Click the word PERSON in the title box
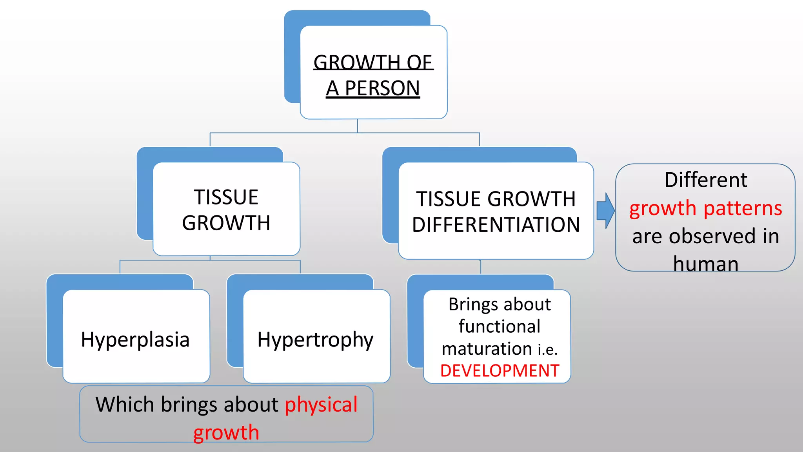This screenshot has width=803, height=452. coord(382,88)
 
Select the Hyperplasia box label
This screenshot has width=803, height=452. coord(135,340)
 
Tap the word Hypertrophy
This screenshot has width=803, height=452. coord(315,340)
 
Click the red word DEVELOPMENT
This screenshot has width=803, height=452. coord(500,371)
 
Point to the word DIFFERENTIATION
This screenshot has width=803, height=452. coord(496,225)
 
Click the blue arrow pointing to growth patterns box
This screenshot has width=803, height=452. coord(605,211)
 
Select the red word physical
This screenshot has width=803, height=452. coord(321,405)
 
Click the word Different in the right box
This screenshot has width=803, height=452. coord(706,180)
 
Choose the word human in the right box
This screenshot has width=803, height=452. coord(706,264)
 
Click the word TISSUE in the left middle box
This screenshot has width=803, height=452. coord(226,197)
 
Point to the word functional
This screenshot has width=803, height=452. coord(500,326)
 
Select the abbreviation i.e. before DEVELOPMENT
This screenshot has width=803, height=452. coord(547,350)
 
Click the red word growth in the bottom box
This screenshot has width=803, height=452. coord(226,433)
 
